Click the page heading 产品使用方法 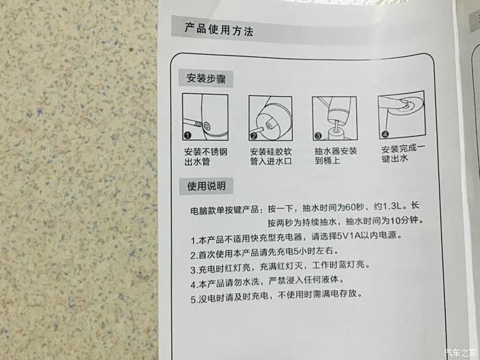[219, 29]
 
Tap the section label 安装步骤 [206, 79]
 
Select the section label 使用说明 [206, 186]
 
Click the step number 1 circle [188, 135]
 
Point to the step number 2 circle [254, 136]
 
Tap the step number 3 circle [318, 136]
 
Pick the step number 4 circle [385, 134]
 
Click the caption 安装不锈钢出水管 [206, 156]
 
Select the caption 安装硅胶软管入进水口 [271, 156]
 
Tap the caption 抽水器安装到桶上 [336, 156]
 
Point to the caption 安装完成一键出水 [403, 154]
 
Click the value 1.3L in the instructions [392, 206]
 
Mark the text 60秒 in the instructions [355, 207]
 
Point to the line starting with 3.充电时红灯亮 [280, 266]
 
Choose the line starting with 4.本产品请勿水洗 [267, 282]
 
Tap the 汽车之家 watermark [460, 352]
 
